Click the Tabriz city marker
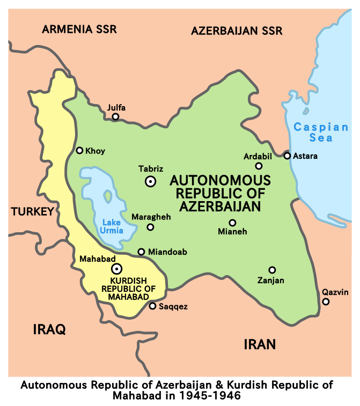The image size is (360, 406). (x=151, y=181)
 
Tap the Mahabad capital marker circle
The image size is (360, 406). (x=116, y=269)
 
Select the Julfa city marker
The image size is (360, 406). (x=115, y=116)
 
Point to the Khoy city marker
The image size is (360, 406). (x=79, y=151)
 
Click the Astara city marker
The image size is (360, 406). (x=287, y=156)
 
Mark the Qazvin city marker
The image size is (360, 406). (x=326, y=302)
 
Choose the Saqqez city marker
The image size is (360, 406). (x=152, y=306)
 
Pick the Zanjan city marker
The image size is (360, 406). (x=272, y=270)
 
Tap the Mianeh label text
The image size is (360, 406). (x=232, y=232)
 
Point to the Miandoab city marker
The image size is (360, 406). (x=141, y=252)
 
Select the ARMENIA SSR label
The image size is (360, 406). (x=79, y=29)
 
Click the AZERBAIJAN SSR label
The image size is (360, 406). (x=237, y=31)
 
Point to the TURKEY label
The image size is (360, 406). (x=32, y=211)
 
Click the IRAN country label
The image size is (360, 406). (x=260, y=344)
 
